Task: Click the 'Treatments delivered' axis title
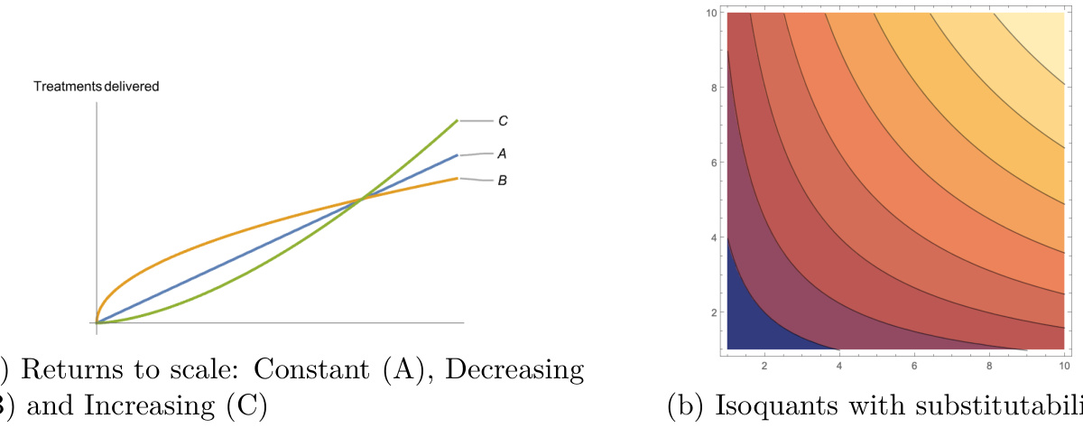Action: pos(96,87)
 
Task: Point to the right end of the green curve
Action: pos(457,120)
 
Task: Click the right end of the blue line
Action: pos(457,155)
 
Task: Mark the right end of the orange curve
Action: pos(457,179)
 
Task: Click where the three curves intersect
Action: pos(360,199)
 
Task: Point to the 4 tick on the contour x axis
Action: pos(839,365)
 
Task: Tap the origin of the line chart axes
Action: pos(97,322)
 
